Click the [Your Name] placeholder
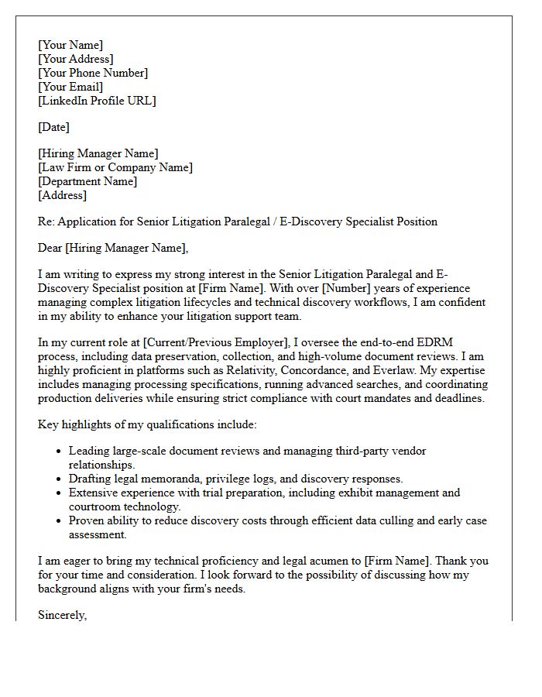pos(70,45)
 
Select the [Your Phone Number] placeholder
pos(93,73)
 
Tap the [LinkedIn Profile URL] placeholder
pos(97,101)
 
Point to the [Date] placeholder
pos(53,127)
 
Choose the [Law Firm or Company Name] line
pos(115,167)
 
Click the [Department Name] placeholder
pos(87,181)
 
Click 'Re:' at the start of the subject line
pos(46,221)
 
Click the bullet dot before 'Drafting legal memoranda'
pos(59,479)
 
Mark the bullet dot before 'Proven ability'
pos(59,521)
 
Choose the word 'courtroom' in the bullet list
pos(94,506)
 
